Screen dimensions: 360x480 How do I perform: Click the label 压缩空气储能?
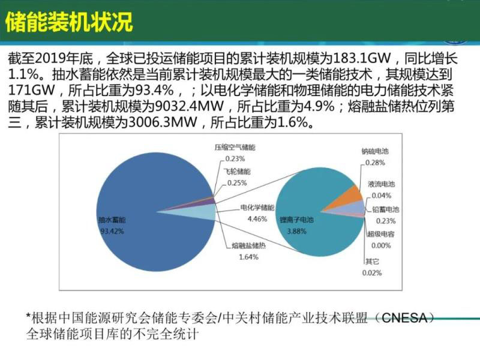pyautogui.click(x=235, y=147)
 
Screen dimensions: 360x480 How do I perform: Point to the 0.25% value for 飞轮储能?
pyautogui.click(x=236, y=183)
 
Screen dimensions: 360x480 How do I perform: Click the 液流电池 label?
pyautogui.click(x=381, y=183)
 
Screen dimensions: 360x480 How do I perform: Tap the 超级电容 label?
pyautogui.click(x=382, y=233)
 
